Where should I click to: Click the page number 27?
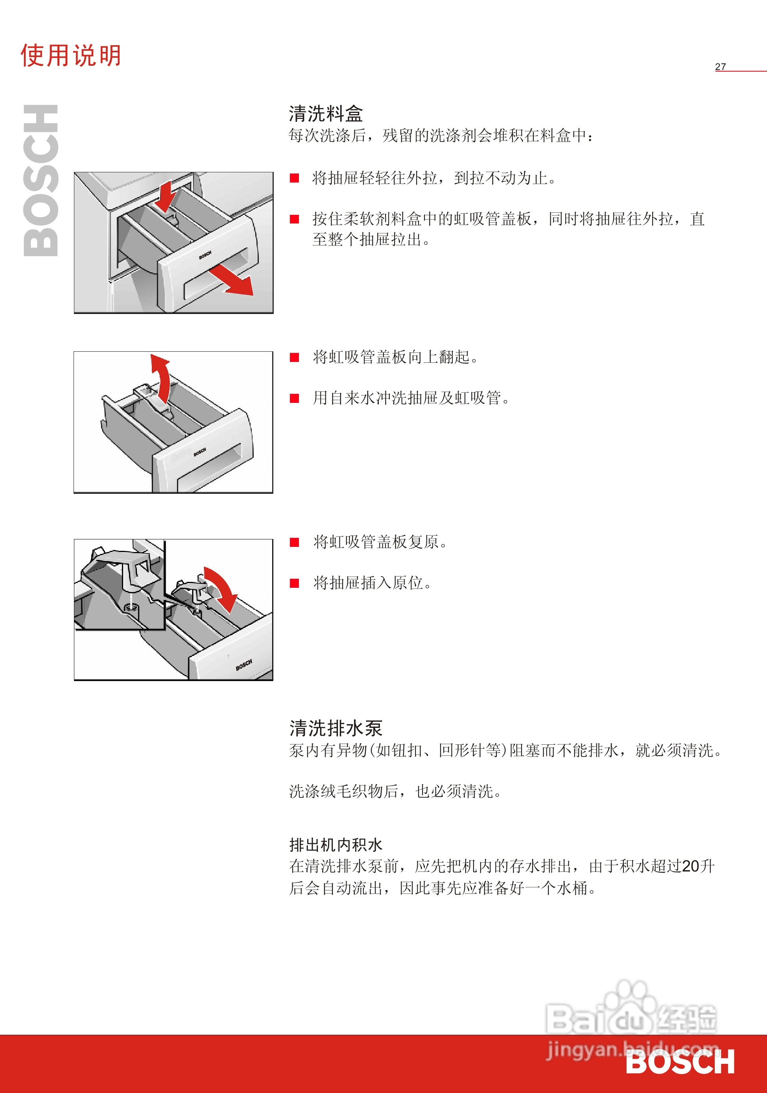720,66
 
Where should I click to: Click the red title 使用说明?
70,56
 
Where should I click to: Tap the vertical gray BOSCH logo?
41,181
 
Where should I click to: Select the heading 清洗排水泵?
336,728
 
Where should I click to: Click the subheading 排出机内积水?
336,845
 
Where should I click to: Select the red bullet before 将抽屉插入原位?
295,583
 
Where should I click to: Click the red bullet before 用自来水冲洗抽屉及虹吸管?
295,398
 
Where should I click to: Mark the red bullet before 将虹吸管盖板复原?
295,542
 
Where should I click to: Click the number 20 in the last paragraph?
690,866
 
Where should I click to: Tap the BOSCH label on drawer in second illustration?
200,452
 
